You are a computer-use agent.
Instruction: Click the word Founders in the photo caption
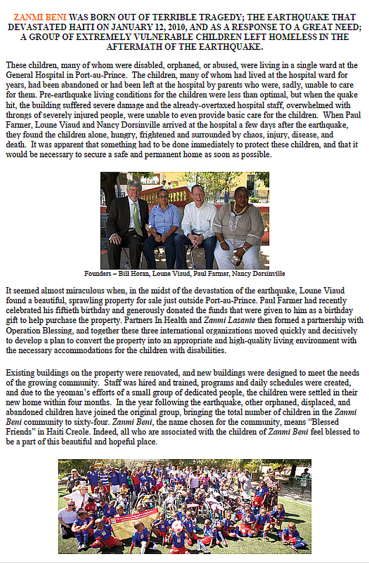(97, 274)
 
